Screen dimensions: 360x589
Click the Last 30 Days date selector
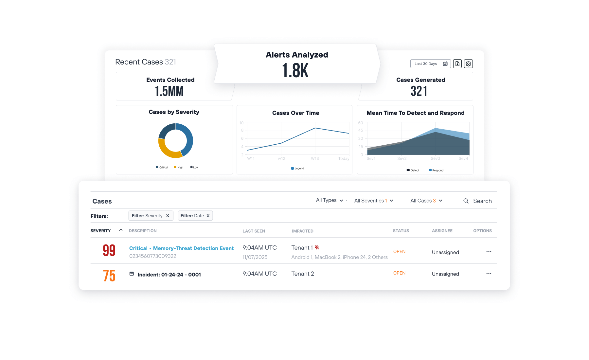430,64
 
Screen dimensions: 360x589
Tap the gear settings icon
468,64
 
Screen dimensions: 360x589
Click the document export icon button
457,64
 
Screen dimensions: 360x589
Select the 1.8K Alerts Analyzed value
295,70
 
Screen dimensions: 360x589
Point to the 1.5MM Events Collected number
169,91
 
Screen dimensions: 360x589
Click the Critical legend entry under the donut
162,167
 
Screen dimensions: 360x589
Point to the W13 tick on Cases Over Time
315,158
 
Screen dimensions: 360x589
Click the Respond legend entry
436,170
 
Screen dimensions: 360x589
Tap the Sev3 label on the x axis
435,158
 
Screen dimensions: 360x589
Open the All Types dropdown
330,200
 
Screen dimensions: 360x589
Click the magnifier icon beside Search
466,201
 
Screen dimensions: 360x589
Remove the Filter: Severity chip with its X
168,216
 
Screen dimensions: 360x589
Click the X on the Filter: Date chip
208,216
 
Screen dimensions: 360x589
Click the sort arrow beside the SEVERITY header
121,230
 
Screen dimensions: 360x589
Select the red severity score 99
109,251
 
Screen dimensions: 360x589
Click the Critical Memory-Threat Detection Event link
181,248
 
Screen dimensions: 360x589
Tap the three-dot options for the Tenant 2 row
489,274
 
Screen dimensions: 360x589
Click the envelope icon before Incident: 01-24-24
132,274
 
